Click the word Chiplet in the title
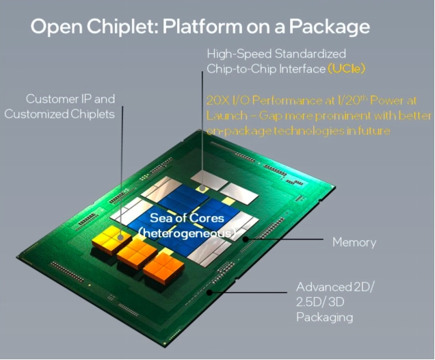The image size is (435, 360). click(x=122, y=27)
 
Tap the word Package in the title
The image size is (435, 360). click(x=329, y=27)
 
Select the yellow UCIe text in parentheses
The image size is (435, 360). click(x=347, y=68)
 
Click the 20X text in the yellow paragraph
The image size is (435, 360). click(x=217, y=101)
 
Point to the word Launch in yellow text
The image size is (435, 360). click(x=227, y=116)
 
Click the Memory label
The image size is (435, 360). click(x=354, y=242)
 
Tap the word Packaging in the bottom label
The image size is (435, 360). click(x=325, y=318)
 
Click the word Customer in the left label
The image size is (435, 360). click(x=52, y=99)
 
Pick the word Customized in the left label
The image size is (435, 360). click(x=36, y=114)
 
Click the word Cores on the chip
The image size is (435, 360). click(x=207, y=218)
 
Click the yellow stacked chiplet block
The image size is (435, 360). click(x=111, y=240)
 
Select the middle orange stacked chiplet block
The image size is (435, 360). click(x=137, y=253)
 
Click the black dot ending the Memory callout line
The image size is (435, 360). click(x=246, y=239)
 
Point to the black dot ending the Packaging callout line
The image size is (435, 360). click(x=210, y=292)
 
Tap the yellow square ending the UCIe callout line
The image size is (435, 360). click(x=202, y=188)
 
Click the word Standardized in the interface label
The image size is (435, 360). click(x=311, y=54)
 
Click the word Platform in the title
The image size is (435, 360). click(x=202, y=27)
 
